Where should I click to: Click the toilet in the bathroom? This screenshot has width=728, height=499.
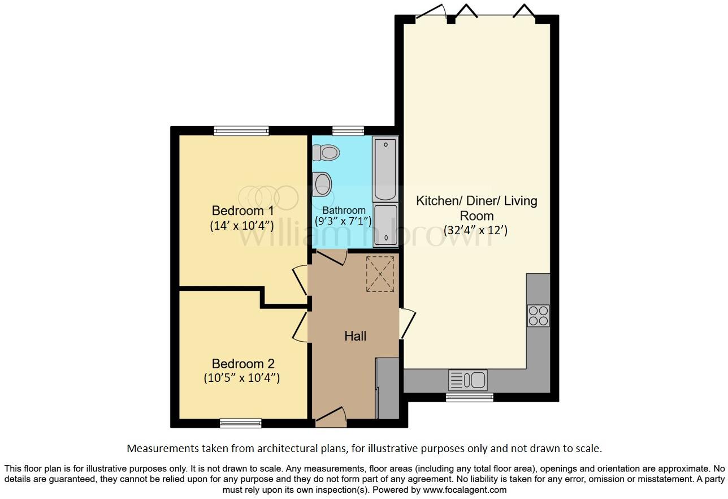click(x=327, y=152)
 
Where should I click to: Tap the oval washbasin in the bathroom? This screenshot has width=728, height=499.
click(x=323, y=184)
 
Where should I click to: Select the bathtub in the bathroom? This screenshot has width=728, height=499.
click(x=385, y=168)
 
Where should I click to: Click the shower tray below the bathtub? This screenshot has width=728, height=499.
click(x=385, y=226)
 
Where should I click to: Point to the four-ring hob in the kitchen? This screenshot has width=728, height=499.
click(x=538, y=316)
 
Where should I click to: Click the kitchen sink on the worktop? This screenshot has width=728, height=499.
click(x=467, y=380)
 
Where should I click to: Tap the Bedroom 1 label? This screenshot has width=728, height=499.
click(x=242, y=211)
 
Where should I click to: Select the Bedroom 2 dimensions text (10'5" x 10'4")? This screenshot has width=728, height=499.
click(x=242, y=378)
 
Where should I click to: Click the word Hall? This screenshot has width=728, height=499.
click(x=356, y=336)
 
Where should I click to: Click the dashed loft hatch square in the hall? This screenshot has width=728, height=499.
click(x=381, y=274)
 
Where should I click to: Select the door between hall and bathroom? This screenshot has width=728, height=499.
click(x=330, y=256)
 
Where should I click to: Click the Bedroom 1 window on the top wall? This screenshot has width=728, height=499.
click(x=241, y=131)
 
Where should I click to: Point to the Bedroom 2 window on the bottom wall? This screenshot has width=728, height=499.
click(x=241, y=423)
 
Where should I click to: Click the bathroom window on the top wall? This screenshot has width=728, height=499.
click(x=348, y=131)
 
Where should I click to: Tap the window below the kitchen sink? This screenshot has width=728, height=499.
click(x=469, y=397)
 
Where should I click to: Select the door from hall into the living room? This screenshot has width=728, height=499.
click(x=407, y=324)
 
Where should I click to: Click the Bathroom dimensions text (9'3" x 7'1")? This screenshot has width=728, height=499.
click(x=343, y=221)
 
